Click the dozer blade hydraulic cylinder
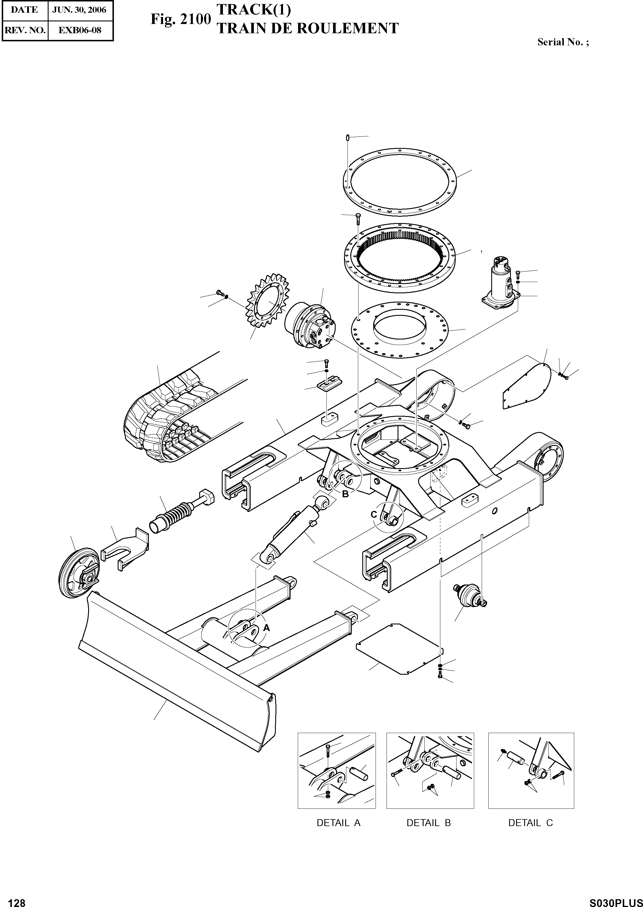coord(295,530)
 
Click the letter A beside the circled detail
coord(267,628)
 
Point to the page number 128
coord(17,899)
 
